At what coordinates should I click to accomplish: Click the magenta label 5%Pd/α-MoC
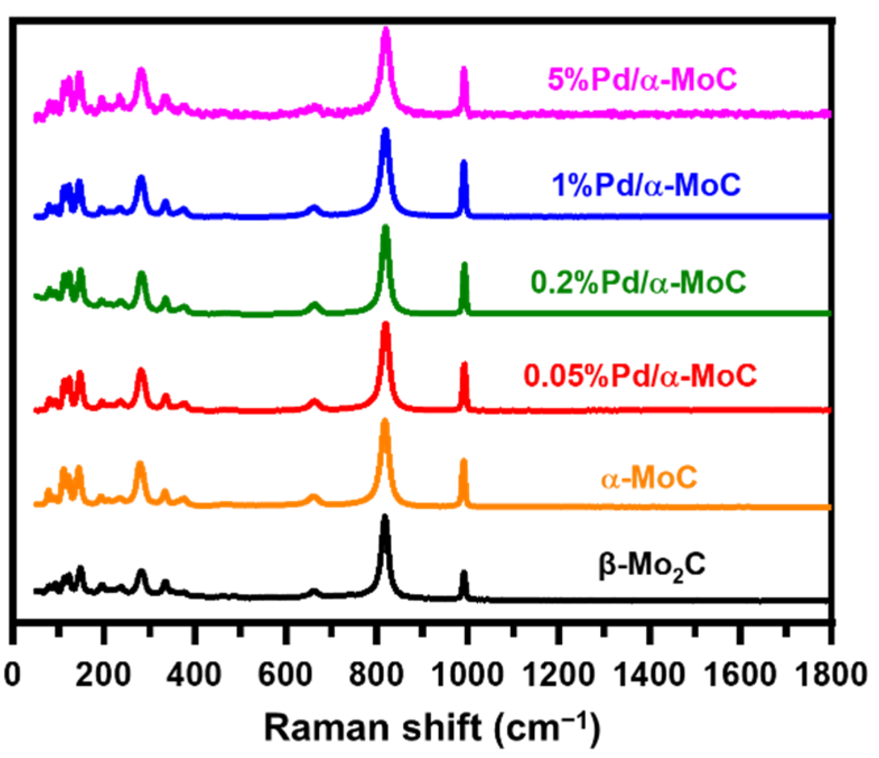pyautogui.click(x=642, y=80)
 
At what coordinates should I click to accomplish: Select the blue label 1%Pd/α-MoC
pyautogui.click(x=646, y=184)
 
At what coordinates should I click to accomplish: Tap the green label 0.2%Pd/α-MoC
pyautogui.click(x=638, y=282)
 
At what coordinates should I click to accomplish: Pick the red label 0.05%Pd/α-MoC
pyautogui.click(x=640, y=375)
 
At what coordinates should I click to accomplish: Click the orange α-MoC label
pyautogui.click(x=649, y=478)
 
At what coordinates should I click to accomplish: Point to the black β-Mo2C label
pyautogui.click(x=652, y=566)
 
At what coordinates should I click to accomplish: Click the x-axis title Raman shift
pyautogui.click(x=431, y=728)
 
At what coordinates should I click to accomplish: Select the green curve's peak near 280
pyautogui.click(x=141, y=275)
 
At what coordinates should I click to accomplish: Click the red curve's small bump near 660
pyautogui.click(x=314, y=402)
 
